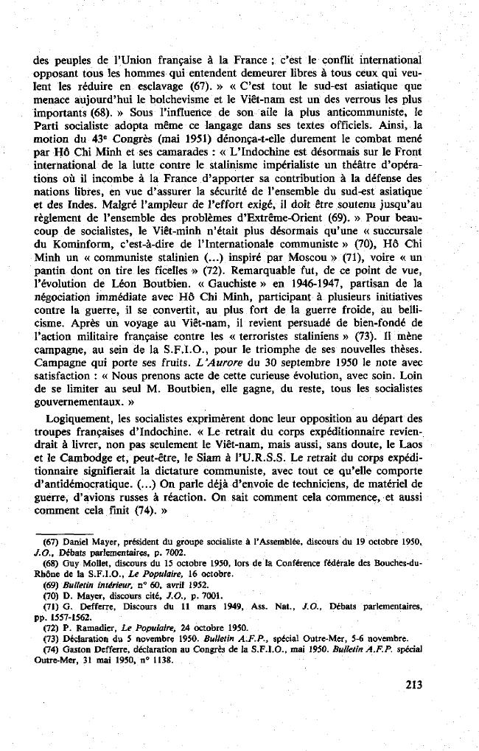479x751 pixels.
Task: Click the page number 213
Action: pyautogui.click(x=413, y=685)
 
